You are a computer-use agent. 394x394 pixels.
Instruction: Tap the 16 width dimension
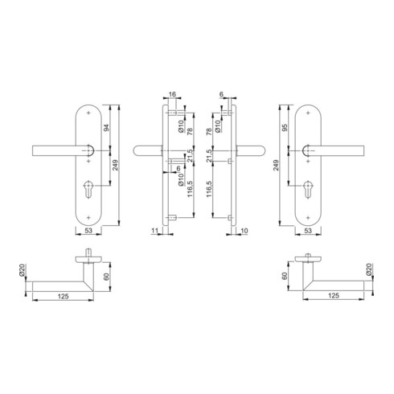click(174, 94)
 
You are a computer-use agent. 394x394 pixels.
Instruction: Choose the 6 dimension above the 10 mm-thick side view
click(221, 94)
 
